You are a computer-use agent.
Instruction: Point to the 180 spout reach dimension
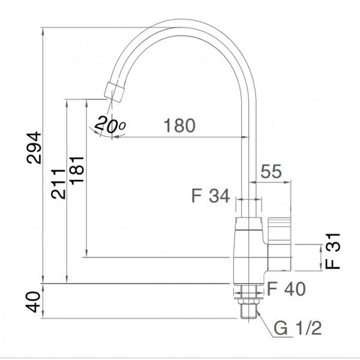(179, 126)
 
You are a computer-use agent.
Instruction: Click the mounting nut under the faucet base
(248, 293)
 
